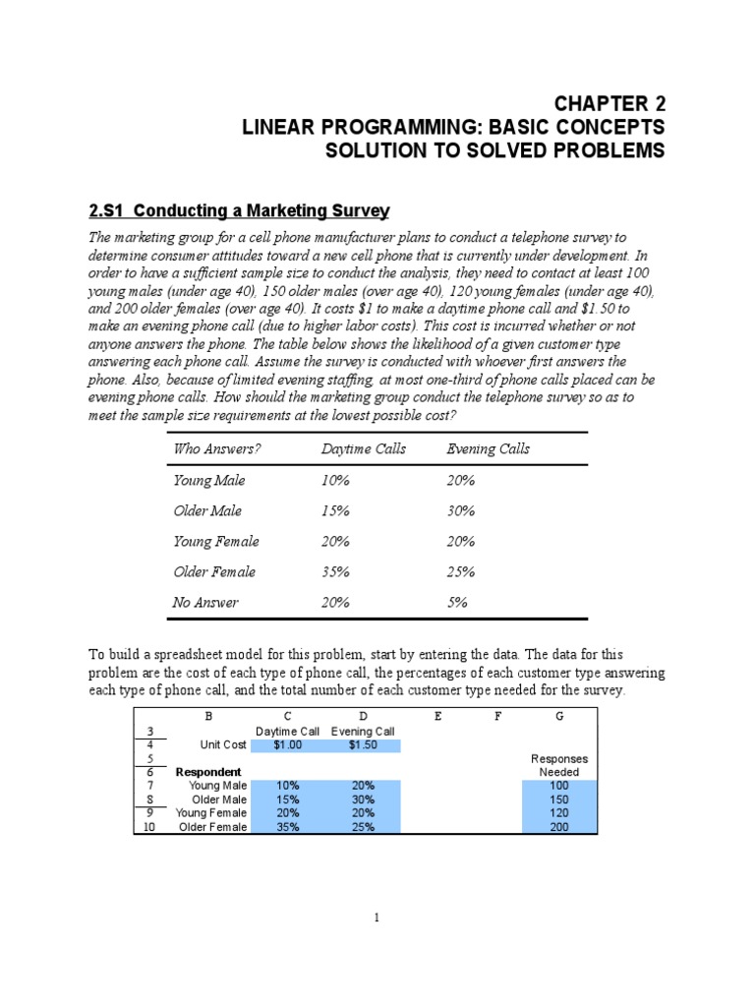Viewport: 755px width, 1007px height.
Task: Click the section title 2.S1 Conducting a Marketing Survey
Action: click(239, 211)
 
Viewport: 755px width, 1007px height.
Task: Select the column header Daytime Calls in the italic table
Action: click(363, 449)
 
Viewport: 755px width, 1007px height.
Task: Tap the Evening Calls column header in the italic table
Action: click(488, 449)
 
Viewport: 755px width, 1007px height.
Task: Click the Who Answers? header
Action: click(217, 449)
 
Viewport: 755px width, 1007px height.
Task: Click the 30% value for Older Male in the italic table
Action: click(460, 511)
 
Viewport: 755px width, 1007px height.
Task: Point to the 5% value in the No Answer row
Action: click(456, 602)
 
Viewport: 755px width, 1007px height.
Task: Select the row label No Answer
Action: click(205, 602)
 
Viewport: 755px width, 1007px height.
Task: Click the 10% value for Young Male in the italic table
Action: click(335, 481)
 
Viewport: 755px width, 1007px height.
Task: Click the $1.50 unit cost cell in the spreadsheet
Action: click(363, 745)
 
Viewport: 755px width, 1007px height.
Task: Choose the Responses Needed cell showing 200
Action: click(558, 827)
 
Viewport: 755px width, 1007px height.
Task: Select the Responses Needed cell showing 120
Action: click(558, 813)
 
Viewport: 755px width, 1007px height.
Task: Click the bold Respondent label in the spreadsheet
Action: click(208, 773)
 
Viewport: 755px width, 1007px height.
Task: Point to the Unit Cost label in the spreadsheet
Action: click(221, 745)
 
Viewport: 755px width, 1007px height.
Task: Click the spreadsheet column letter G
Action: click(559, 717)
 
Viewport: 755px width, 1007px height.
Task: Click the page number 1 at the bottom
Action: click(377, 918)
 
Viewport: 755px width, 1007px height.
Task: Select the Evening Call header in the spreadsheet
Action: click(363, 732)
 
